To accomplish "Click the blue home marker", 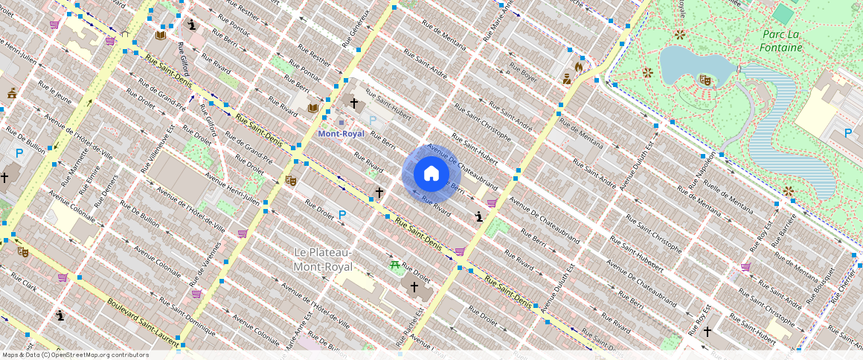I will point(431,174).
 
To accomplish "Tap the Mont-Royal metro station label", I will point(341,134).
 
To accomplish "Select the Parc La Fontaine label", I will point(781,41).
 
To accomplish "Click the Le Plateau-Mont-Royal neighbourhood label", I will point(323,260).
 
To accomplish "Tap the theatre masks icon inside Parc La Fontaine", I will point(705,80).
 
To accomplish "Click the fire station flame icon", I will point(579,65).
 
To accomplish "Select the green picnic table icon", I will point(394,265).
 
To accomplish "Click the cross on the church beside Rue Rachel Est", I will point(414,286).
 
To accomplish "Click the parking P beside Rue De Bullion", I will point(19,153).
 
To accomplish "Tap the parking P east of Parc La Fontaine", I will point(847,133).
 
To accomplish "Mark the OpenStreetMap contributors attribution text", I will point(75,355).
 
